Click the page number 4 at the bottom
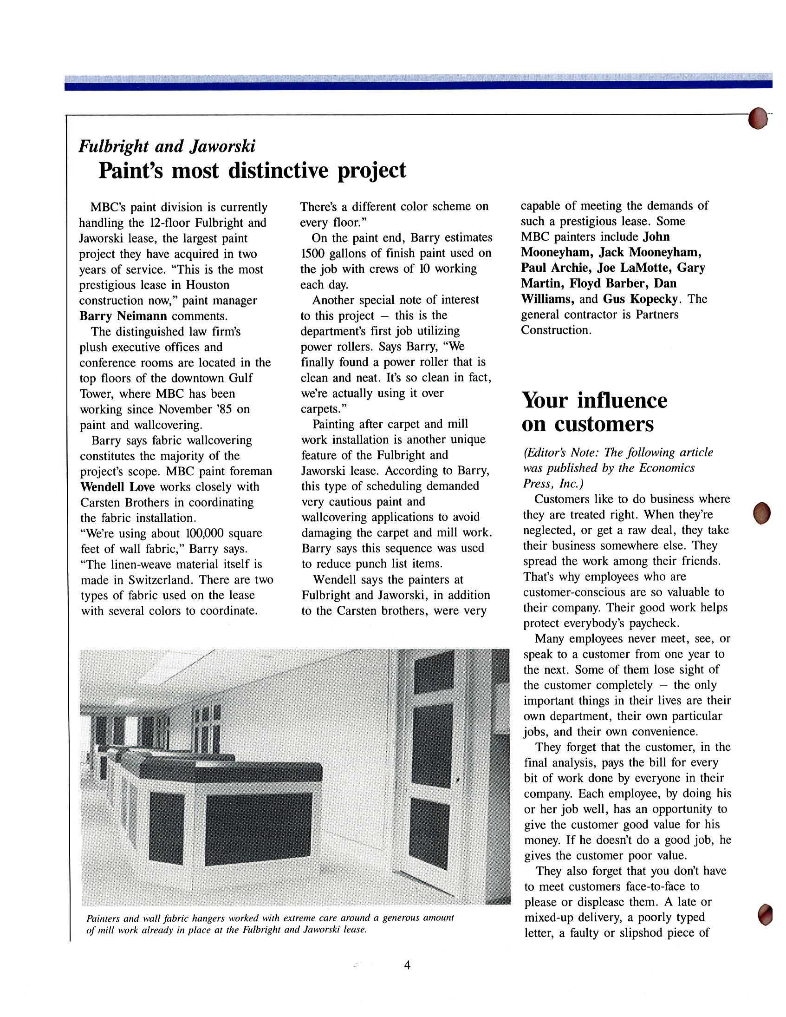coord(407,965)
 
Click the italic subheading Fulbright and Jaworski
coord(167,146)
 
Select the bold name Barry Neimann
coord(123,316)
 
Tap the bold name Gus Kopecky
coord(640,298)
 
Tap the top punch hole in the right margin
coord(758,118)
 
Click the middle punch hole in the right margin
coord(761,513)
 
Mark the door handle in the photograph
coord(458,779)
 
